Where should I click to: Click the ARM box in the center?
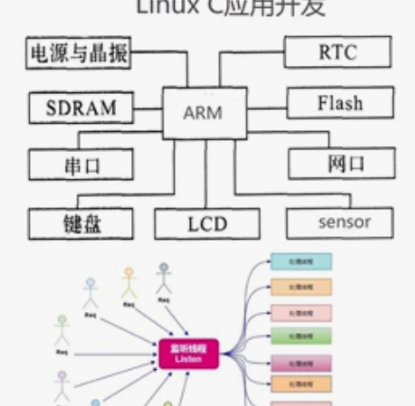click(202, 112)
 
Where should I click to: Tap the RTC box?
click(338, 53)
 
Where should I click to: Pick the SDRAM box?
click(81, 109)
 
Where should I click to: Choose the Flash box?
click(339, 105)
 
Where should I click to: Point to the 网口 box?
click(339, 163)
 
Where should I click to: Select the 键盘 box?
click(81, 222)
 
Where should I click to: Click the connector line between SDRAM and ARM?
click(151, 110)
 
